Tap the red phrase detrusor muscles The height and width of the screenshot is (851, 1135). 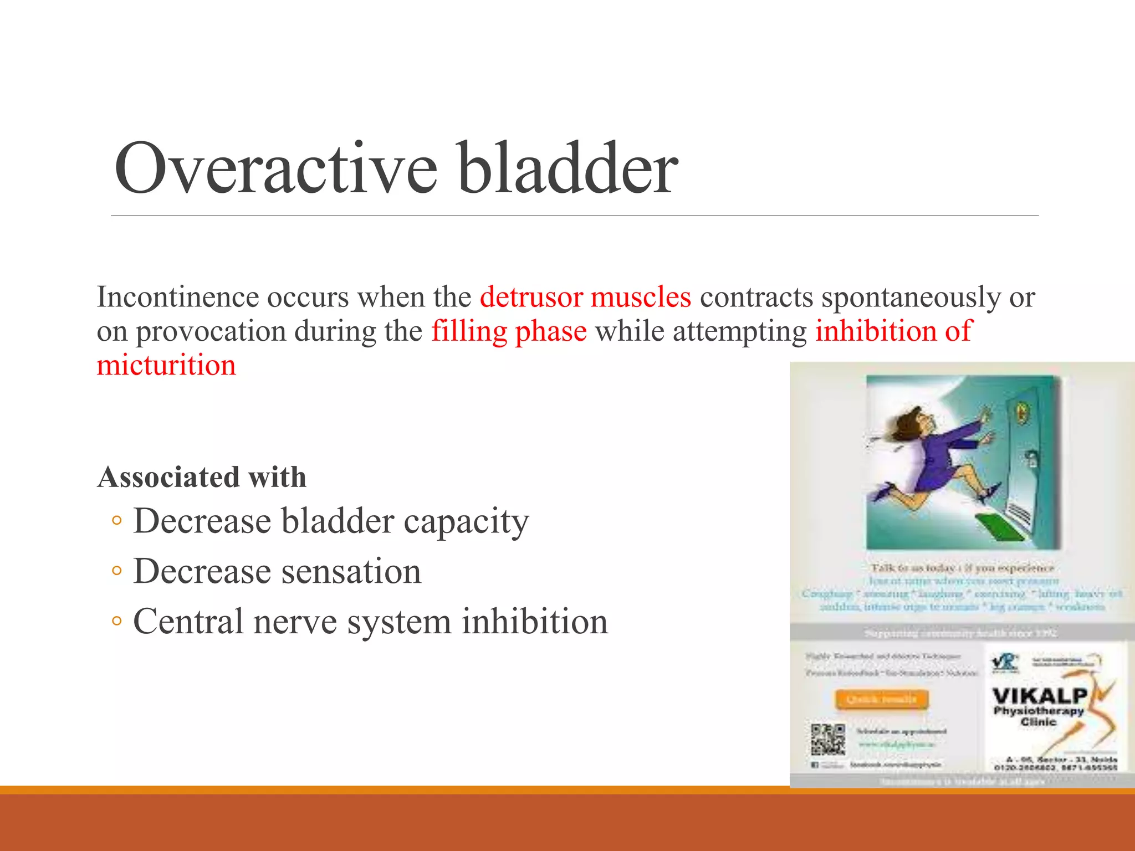coord(585,297)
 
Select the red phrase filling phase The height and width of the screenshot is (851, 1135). coord(509,331)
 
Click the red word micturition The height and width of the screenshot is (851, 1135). coord(166,366)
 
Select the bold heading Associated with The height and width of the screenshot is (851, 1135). coord(202,477)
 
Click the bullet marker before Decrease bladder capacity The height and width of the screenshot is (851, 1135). coord(116,521)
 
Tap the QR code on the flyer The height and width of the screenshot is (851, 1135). coord(828,740)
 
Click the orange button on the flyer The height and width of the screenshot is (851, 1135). coord(881,699)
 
